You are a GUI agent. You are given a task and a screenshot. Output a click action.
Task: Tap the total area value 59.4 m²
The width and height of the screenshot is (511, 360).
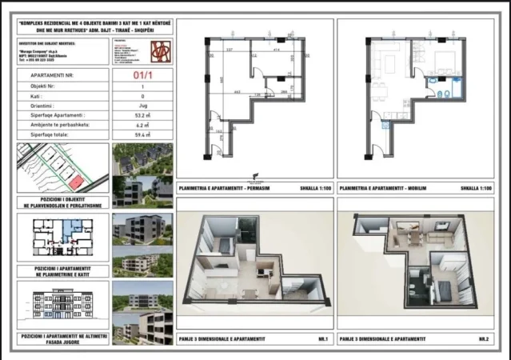[x=142, y=135]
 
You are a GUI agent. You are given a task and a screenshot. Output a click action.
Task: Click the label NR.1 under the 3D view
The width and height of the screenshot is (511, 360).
[x=324, y=339]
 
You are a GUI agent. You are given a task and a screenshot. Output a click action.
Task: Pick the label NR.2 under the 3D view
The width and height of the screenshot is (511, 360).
[x=483, y=339]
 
